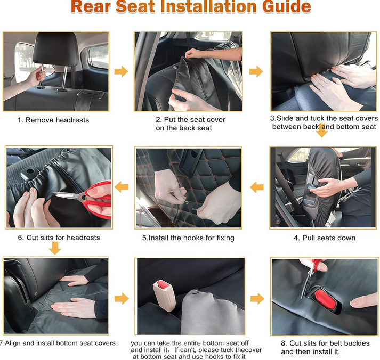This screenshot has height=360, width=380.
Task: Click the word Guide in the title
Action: [x=287, y=6]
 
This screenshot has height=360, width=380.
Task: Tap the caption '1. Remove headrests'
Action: [x=53, y=120]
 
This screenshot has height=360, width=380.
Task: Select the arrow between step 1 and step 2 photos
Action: [x=121, y=71]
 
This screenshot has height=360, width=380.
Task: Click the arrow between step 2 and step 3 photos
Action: [x=256, y=71]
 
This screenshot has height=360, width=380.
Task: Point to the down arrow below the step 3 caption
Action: [x=322, y=130]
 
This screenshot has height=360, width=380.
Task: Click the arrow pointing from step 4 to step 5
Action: [x=257, y=187]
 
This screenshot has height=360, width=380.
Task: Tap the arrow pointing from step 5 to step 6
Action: [x=122, y=187]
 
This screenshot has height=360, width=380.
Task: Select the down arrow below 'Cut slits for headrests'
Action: [x=55, y=248]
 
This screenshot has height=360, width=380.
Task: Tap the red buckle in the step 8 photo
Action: [x=325, y=299]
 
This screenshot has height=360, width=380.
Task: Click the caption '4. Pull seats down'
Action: [x=325, y=238]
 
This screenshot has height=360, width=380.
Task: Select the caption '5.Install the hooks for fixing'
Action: [x=188, y=238]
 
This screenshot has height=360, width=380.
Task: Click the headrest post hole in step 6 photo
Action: [x=30, y=171]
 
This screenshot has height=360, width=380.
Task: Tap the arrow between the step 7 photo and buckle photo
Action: [x=122, y=299]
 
